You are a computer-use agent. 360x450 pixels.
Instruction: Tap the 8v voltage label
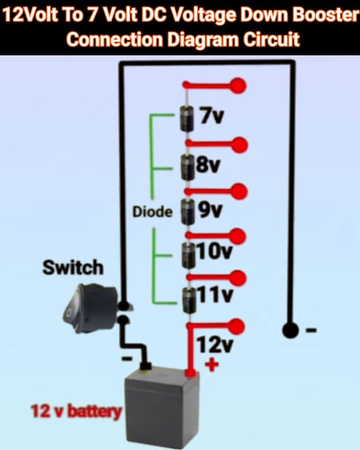209,165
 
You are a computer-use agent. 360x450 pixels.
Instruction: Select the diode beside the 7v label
187,118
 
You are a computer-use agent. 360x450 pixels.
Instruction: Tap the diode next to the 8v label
187,166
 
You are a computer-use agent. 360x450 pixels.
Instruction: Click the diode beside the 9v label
187,210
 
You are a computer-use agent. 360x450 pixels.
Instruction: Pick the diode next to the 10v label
187,253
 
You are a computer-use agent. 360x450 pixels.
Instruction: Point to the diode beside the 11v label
187,297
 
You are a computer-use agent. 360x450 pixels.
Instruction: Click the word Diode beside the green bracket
153,212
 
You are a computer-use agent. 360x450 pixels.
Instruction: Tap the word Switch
72,267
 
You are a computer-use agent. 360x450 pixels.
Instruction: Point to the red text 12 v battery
76,411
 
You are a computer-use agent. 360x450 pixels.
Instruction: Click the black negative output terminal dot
288,329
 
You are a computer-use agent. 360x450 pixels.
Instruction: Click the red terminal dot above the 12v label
238,325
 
